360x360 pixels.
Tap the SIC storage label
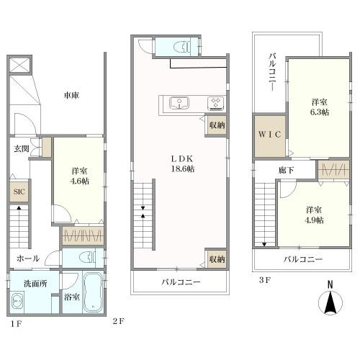coord(19,192)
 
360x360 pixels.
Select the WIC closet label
coord(269,135)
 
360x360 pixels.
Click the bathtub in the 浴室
coord(94,292)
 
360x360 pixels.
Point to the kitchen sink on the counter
coord(179,103)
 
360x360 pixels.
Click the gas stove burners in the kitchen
coord(216,103)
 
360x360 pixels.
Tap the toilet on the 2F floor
coord(182,46)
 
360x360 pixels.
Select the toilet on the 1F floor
coord(87,258)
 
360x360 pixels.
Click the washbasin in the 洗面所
coord(17,302)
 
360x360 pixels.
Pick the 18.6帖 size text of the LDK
coord(183,169)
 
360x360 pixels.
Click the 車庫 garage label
coord(71,95)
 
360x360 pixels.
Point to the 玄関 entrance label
coord(21,149)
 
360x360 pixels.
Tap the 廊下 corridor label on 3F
coord(286,170)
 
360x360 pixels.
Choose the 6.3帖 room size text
coord(320,112)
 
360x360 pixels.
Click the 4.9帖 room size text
coord(314,220)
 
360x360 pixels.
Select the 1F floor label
coord(17,324)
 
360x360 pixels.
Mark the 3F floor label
coord(265,280)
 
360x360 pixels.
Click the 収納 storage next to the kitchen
coord(217,125)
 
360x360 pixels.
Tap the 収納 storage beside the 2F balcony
coord(217,259)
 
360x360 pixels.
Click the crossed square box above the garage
coord(19,64)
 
